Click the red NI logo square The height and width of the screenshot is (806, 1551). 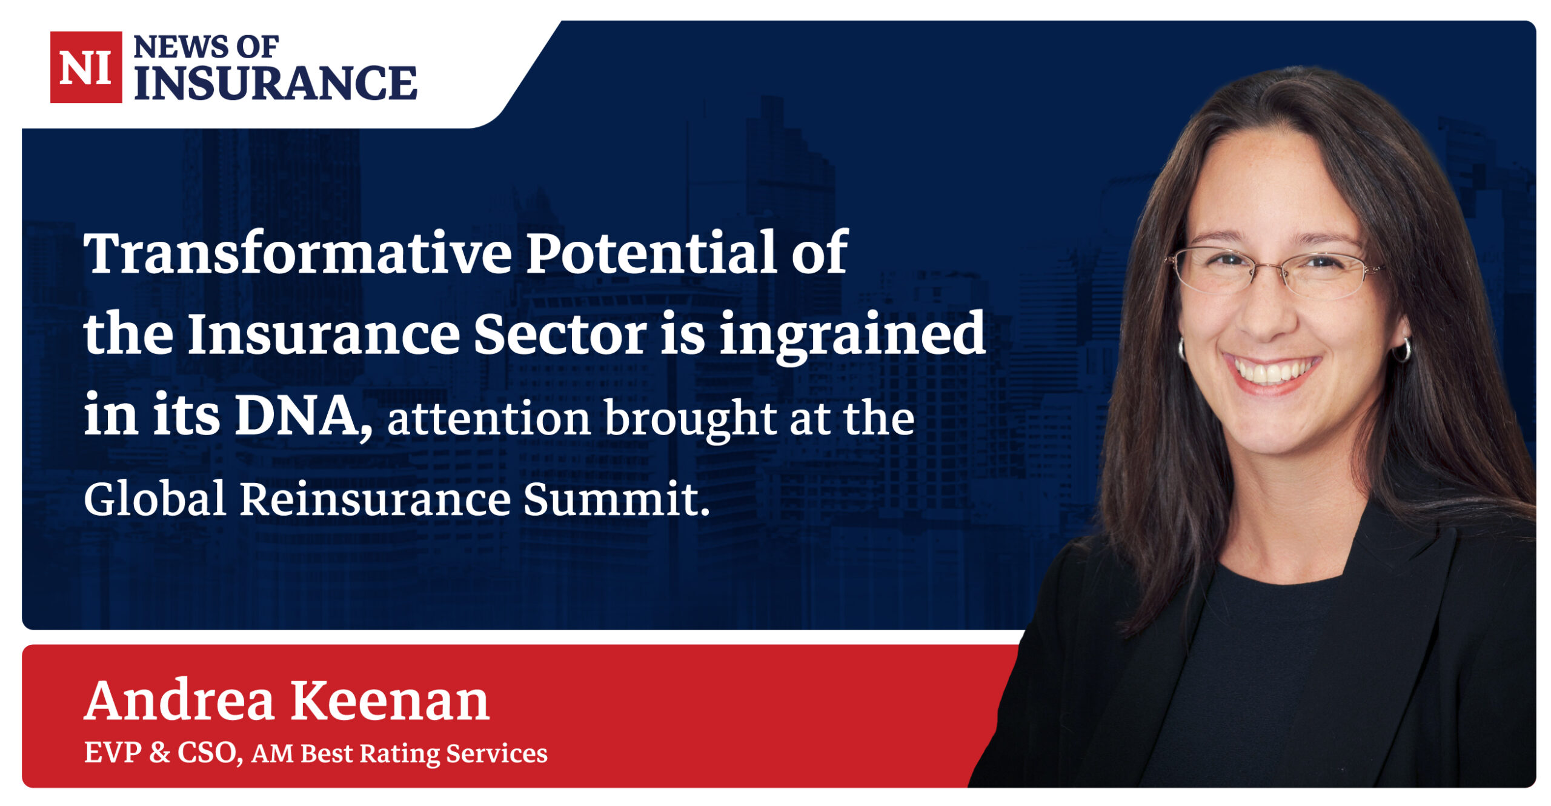click(86, 67)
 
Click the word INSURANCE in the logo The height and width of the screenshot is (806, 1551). click(276, 83)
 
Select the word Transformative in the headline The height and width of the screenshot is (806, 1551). click(298, 253)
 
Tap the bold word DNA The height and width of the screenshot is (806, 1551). click(304, 416)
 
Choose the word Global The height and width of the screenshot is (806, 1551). click(155, 498)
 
